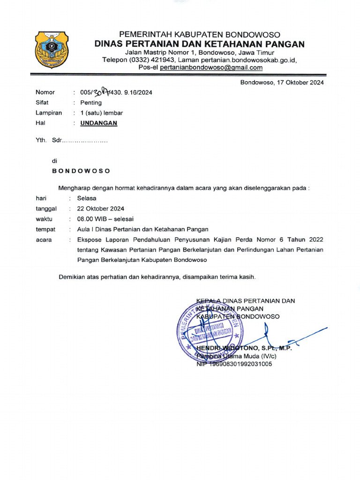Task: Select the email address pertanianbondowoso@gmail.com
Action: (x=211, y=67)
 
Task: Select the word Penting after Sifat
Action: (x=91, y=103)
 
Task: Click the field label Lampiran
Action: (x=49, y=113)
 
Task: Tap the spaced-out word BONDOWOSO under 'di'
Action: (x=81, y=171)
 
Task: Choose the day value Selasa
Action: (x=87, y=198)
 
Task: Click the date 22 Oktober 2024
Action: (x=101, y=209)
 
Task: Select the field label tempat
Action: (x=45, y=229)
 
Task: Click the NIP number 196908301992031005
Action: (x=240, y=364)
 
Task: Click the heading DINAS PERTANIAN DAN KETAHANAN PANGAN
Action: (x=199, y=44)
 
